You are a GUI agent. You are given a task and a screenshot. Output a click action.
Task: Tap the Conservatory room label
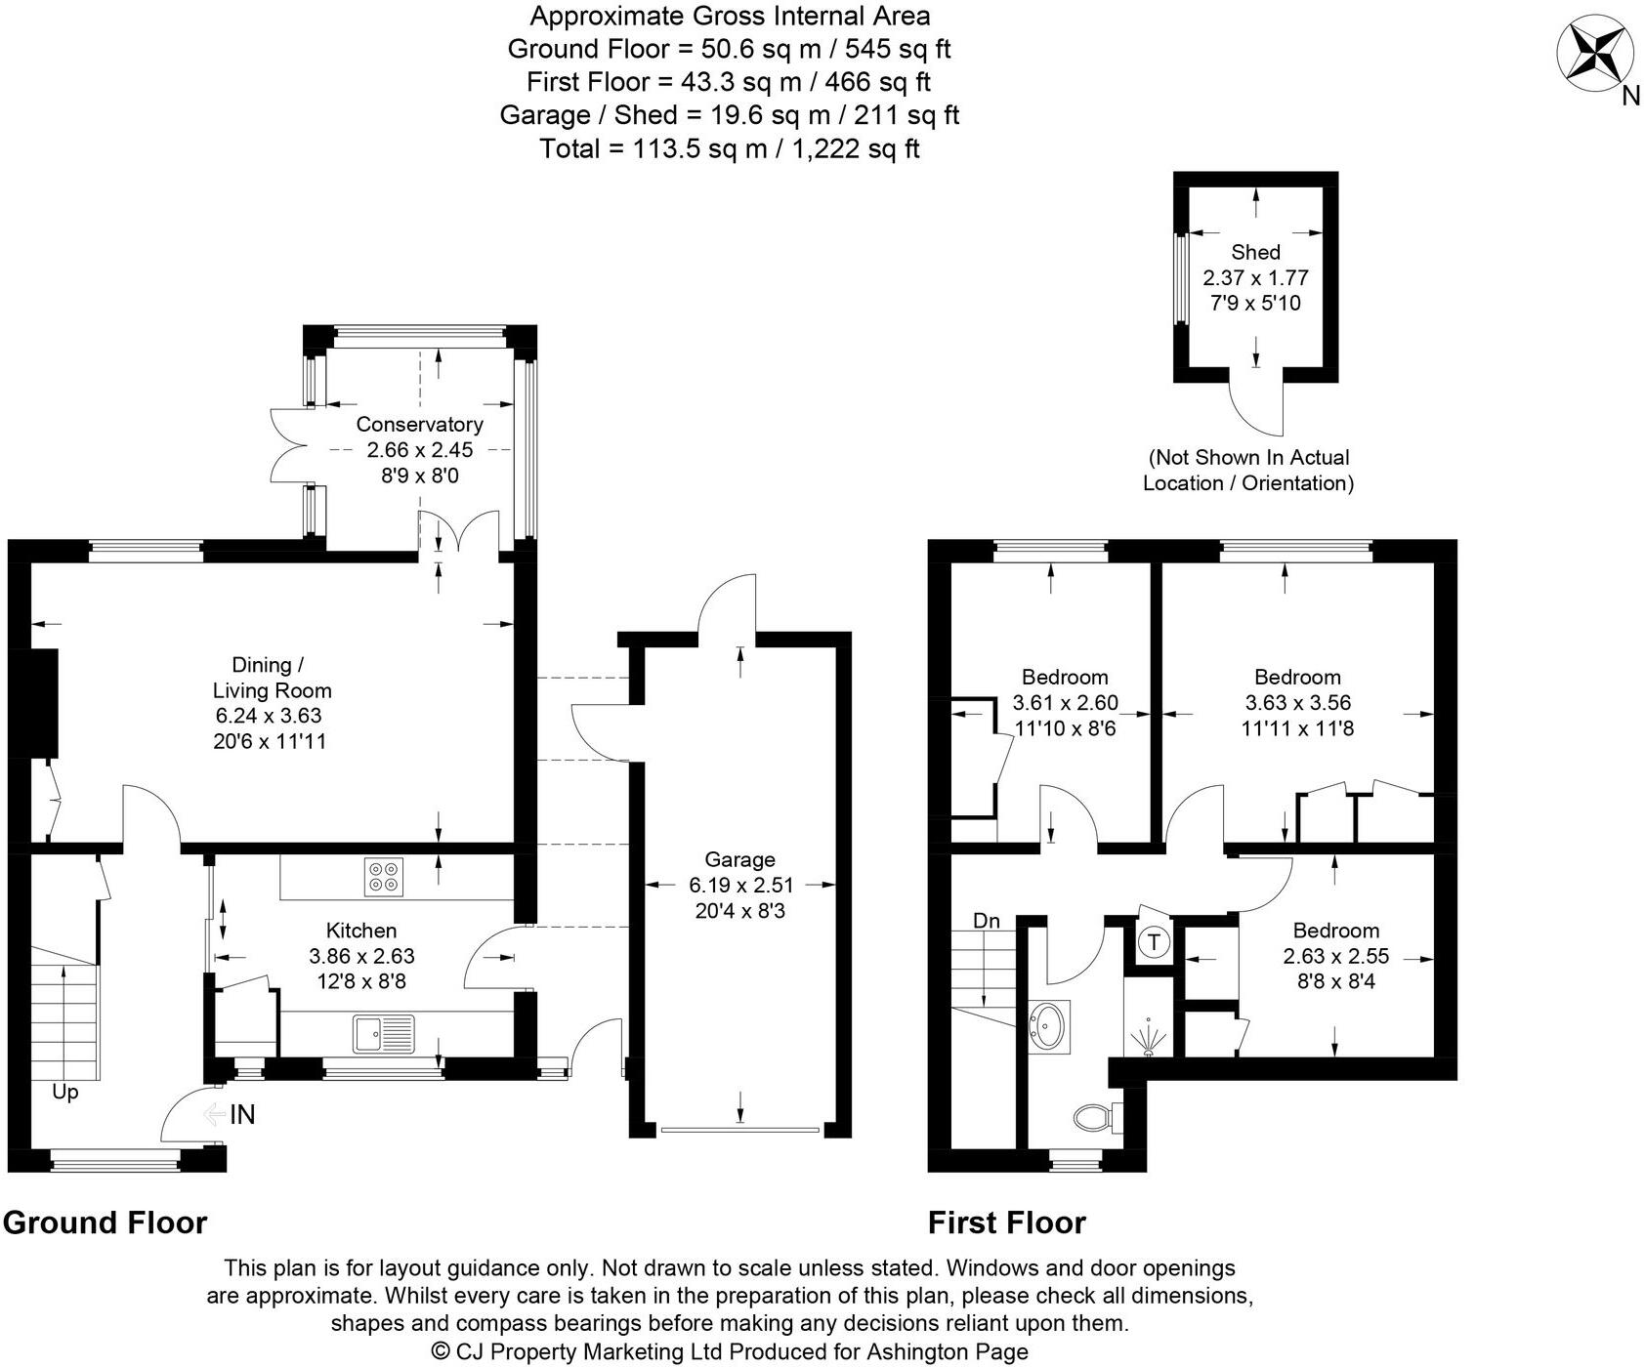point(419,425)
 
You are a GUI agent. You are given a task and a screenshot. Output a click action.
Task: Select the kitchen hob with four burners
point(383,876)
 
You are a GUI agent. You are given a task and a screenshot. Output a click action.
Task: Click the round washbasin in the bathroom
point(1049,1025)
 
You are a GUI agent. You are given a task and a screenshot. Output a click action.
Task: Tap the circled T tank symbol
point(1154,943)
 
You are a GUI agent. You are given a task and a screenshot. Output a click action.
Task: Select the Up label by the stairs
point(64,1092)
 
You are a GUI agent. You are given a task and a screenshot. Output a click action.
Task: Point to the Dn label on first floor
point(987,921)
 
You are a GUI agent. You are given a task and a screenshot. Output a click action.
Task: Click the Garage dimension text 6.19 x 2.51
point(740,886)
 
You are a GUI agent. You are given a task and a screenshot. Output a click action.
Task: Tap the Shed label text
point(1255,252)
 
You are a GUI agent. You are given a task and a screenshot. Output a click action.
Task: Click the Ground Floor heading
point(105,1222)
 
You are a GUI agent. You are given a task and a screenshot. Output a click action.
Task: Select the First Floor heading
point(1006,1222)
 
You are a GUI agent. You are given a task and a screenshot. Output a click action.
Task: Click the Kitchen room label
point(361,931)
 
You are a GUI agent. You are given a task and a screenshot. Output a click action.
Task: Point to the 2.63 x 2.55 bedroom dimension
point(1335,957)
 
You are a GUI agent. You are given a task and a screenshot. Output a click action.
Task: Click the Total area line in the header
point(729,148)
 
